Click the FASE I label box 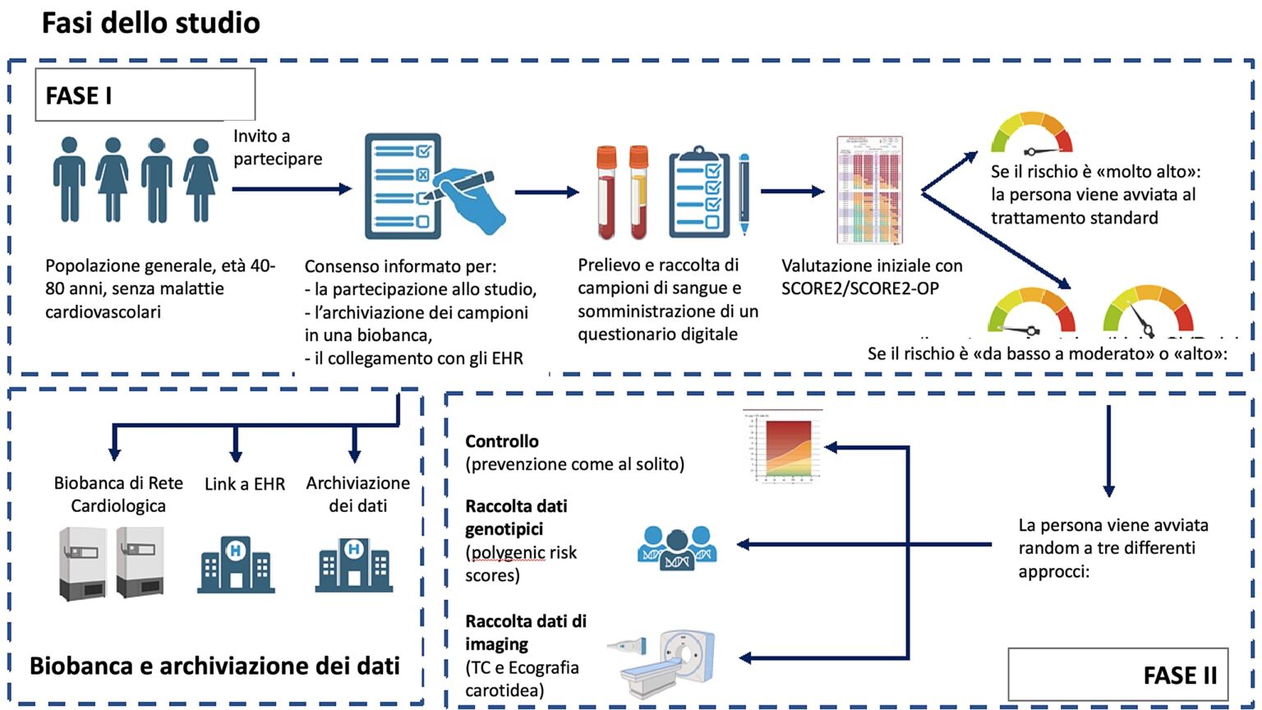[145, 95]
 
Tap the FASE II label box [1117, 675]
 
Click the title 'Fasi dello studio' [151, 23]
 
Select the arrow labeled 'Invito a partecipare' [292, 189]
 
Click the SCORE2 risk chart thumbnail [869, 191]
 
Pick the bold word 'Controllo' [502, 441]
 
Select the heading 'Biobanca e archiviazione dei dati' [214, 666]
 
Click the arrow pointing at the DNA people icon [863, 544]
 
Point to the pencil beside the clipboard [744, 194]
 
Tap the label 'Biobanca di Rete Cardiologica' [118, 494]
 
